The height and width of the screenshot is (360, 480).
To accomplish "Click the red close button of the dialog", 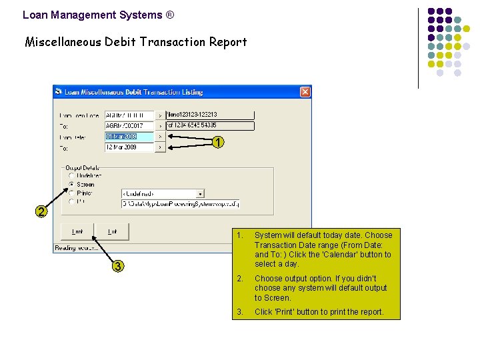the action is coord(305,92).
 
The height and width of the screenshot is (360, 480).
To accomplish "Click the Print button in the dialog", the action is coord(77,231).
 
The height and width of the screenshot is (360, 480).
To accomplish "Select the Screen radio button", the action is coord(71,185).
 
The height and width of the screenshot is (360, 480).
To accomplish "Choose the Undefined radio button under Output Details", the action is coord(71,176).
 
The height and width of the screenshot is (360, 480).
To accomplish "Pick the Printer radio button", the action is coord(71,193).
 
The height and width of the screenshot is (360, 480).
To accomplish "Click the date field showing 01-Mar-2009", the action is coord(129,137).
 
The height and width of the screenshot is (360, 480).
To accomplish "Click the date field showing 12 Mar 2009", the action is coord(129,147).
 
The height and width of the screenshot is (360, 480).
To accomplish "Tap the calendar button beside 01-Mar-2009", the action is coord(160,137).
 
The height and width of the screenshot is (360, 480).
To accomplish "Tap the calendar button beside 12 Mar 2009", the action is coord(160,147).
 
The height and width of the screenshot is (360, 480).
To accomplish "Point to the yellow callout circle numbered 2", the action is coord(41,212).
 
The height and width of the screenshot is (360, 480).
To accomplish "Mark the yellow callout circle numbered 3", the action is coord(117,267).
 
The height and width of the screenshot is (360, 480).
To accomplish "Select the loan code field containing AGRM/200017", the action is coord(129,126).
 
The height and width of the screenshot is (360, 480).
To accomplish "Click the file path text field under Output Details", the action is coord(180,203).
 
